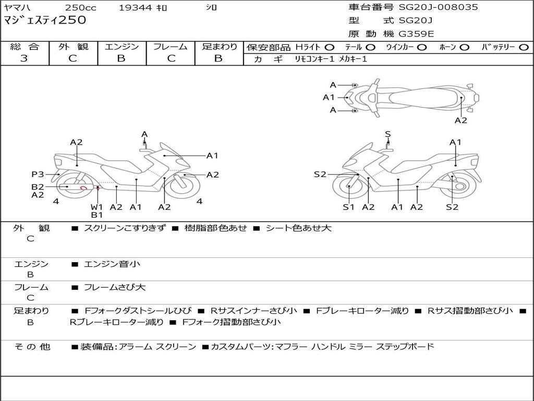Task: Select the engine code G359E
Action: [x=416, y=34]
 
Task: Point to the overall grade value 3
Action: [x=24, y=58]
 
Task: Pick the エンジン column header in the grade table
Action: [x=122, y=47]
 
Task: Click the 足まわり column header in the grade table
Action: [x=219, y=47]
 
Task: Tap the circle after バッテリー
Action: [x=524, y=48]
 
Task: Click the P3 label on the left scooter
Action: [x=38, y=174]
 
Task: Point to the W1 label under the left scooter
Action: [x=97, y=207]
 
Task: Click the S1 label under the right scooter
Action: [x=348, y=207]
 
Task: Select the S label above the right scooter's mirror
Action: [x=388, y=134]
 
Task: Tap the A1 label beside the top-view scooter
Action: [x=329, y=97]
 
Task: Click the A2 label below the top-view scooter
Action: [x=461, y=120]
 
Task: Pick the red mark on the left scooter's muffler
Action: [x=83, y=187]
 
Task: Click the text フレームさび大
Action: [x=115, y=287]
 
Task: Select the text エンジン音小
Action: [x=112, y=264]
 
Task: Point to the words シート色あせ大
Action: [x=298, y=228]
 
